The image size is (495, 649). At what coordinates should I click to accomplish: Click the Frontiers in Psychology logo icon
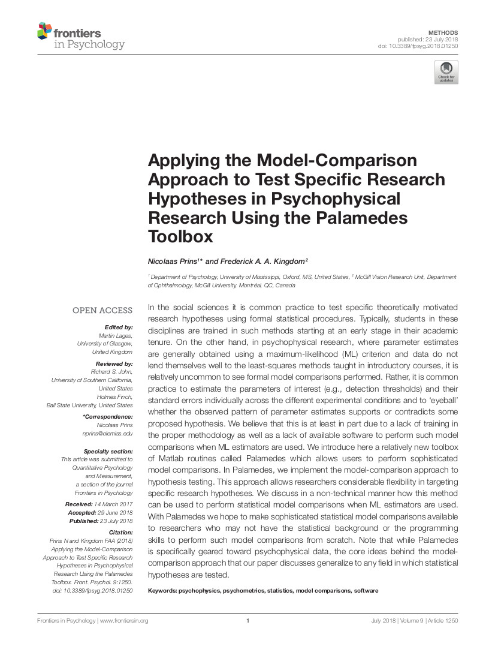point(45,31)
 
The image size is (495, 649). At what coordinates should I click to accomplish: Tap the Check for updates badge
point(446,72)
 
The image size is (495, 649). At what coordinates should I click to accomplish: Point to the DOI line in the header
point(418,46)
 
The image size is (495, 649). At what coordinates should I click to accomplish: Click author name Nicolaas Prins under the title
point(174,261)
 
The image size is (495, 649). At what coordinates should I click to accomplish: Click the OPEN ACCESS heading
point(102,310)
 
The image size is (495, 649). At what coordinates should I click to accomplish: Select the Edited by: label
point(118,327)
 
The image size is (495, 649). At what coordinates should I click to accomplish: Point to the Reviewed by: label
point(114,364)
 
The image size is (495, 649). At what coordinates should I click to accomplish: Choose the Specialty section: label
point(108,451)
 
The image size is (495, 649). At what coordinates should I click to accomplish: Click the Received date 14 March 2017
point(113,504)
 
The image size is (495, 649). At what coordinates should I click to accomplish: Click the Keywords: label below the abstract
point(162,591)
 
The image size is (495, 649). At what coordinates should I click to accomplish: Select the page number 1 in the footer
point(248,621)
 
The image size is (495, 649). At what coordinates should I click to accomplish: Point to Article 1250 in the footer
point(442,621)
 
